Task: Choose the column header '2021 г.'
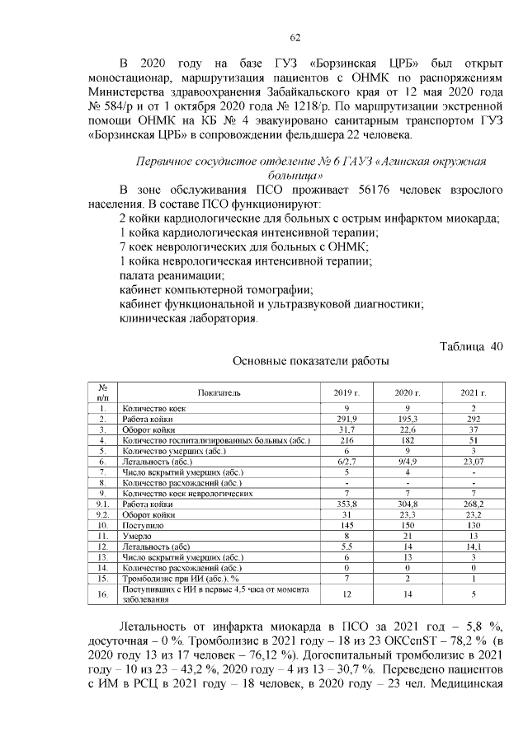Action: coord(473,392)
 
